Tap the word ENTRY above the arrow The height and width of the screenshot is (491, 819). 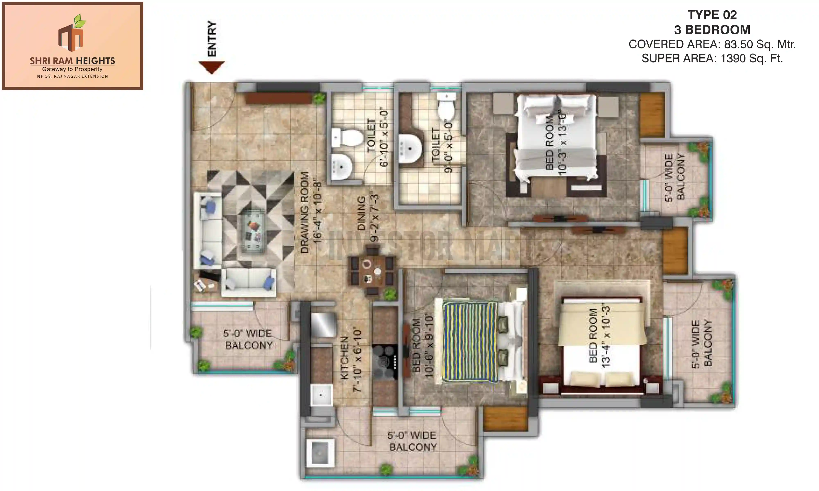coord(212,39)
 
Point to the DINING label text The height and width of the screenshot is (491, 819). coord(362,213)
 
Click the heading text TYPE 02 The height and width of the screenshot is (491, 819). coord(712,15)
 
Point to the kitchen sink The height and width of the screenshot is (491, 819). coord(321,395)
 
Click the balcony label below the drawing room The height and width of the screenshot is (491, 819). coord(248,339)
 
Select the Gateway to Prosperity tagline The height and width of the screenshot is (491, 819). coord(72,69)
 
